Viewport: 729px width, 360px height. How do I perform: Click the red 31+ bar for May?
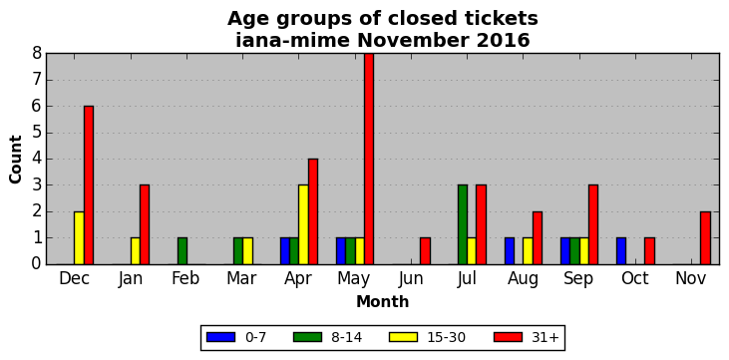click(369, 159)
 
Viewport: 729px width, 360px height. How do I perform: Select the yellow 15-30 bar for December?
click(79, 238)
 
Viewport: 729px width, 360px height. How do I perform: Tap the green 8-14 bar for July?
click(462, 224)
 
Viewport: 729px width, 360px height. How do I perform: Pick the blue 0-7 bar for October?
click(621, 251)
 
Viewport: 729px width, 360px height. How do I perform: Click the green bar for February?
click(182, 251)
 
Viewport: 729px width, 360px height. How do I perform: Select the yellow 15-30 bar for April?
click(303, 224)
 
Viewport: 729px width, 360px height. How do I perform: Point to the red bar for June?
click(425, 251)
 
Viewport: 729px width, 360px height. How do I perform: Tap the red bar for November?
click(705, 238)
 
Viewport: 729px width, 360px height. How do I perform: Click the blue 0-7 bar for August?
click(509, 251)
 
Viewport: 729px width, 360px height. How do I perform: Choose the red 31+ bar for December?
click(89, 185)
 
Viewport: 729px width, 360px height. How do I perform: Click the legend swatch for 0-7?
click(220, 337)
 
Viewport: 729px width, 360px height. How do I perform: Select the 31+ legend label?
click(545, 337)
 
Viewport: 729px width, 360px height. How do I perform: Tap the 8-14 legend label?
click(346, 337)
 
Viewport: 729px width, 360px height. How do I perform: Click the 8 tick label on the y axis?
click(37, 54)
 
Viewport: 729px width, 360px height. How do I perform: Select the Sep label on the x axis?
click(578, 279)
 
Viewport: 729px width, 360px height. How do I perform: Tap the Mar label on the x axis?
click(241, 278)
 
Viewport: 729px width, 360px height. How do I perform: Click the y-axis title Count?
click(15, 160)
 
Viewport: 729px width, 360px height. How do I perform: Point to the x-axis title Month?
click(383, 302)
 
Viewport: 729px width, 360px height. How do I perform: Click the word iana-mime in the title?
click(292, 41)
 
